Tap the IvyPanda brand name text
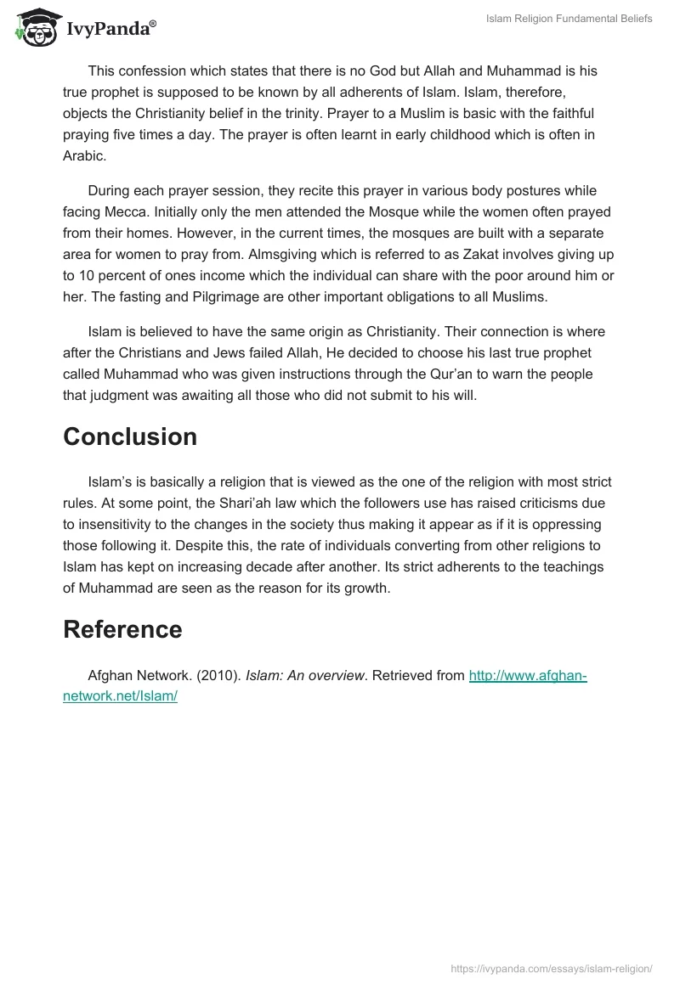110,28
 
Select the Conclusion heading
130,436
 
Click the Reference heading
122,629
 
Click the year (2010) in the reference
218,677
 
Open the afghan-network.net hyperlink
527,677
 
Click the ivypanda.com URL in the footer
552,969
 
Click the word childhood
412,135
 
